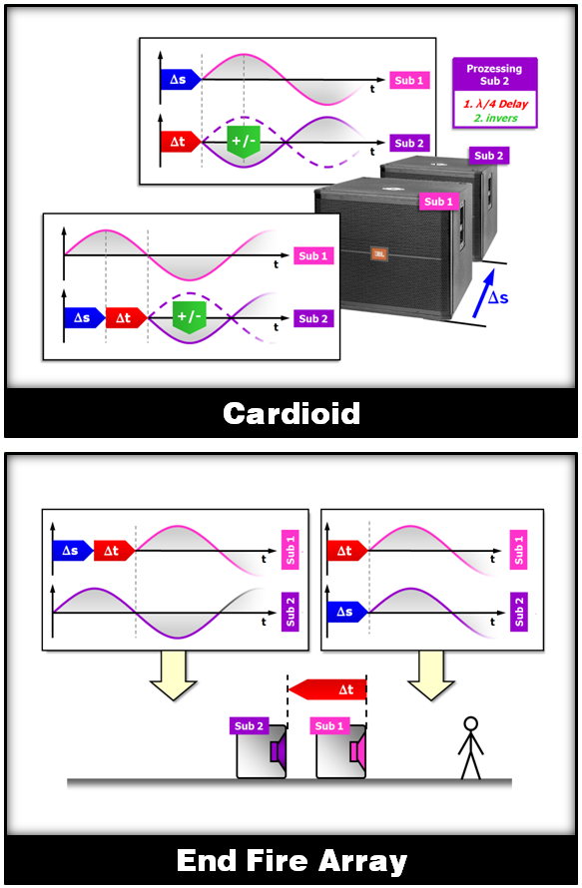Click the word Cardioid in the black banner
291,413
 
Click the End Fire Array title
291,861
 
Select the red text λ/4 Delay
500,104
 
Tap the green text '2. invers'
496,119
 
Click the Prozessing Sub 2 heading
494,75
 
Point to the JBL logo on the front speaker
379,253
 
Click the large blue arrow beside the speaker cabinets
483,292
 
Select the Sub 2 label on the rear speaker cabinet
488,156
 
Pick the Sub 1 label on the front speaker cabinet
438,202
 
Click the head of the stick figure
470,723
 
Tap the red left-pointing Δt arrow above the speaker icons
327,689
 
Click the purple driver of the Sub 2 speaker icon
278,751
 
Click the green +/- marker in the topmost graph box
244,142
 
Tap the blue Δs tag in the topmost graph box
181,80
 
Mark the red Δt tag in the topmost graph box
181,142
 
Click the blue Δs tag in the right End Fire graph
346,613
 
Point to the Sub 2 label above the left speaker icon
249,726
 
